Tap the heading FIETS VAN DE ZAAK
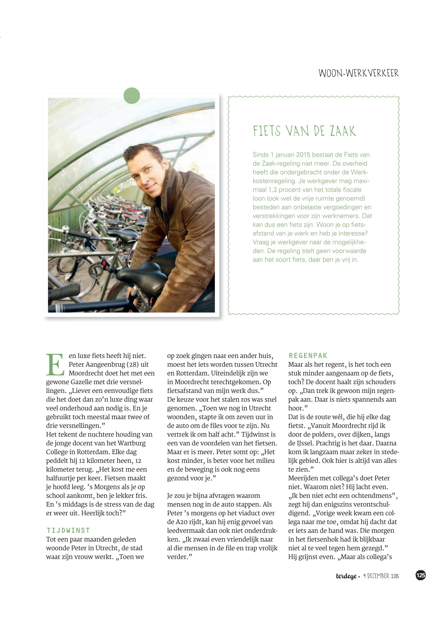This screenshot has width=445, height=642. click(x=304, y=131)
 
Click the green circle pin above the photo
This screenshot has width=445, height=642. click(x=132, y=96)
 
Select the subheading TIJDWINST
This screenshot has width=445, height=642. click(x=68, y=530)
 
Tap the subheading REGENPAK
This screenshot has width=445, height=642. click(x=308, y=356)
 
